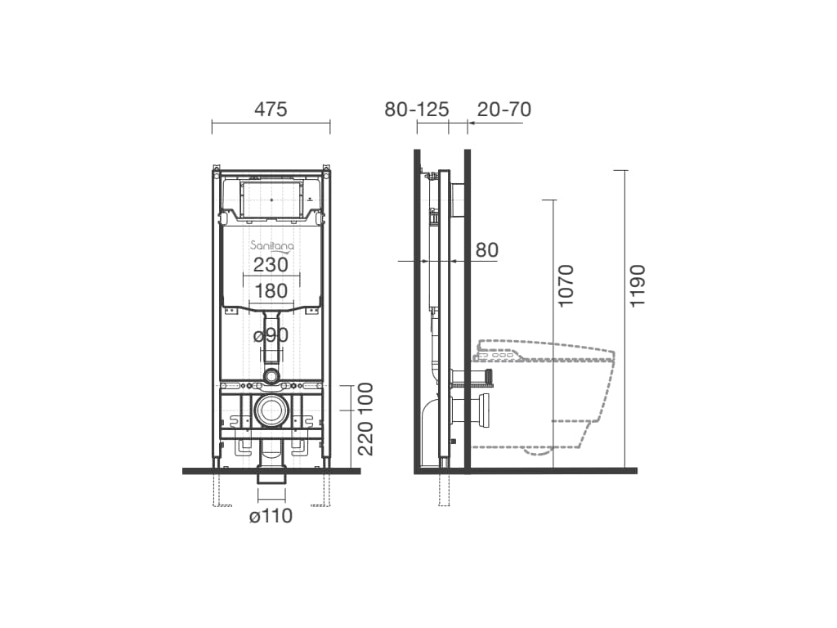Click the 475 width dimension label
[271, 110]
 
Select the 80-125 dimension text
[417, 110]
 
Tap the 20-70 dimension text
[504, 110]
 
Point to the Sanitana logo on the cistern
[271, 245]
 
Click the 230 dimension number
[271, 264]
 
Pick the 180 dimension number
[271, 291]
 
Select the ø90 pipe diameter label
[271, 335]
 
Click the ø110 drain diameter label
[271, 517]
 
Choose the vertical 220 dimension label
[365, 438]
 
